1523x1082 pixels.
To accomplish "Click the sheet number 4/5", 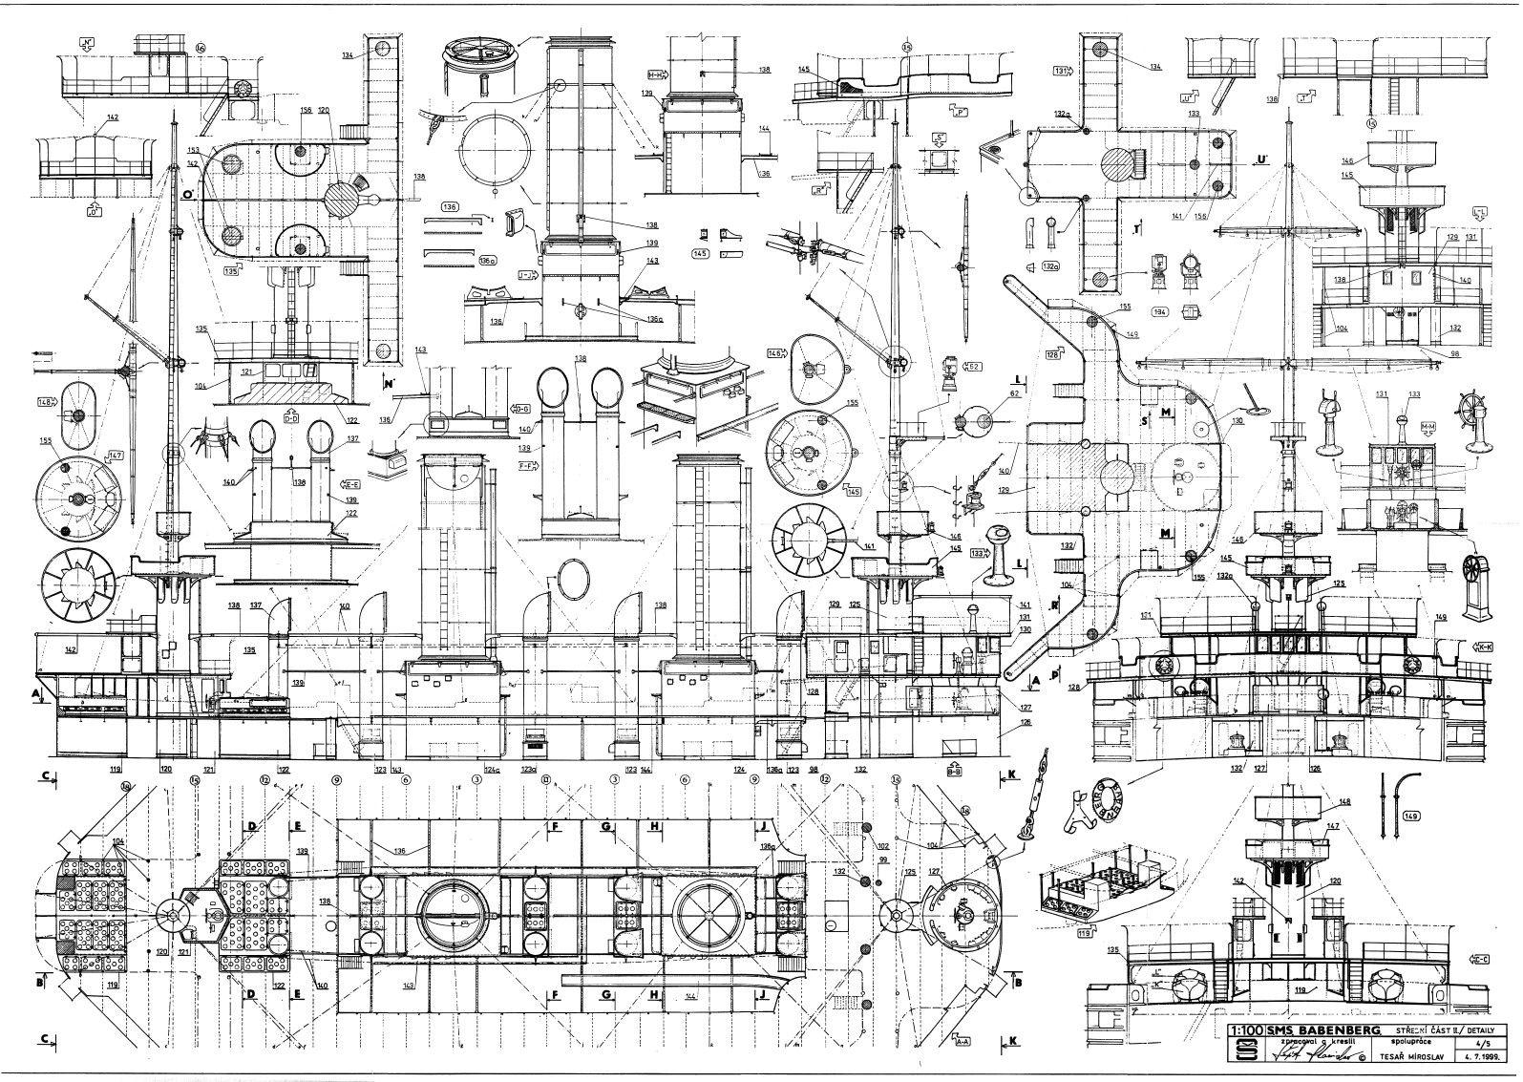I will pos(1475,1044).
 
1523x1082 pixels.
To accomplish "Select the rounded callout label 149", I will pos(1411,817).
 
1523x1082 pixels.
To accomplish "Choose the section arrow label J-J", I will pos(525,273).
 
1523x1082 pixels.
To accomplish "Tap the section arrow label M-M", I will pos(1428,426).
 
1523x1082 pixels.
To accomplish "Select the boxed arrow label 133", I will pos(978,553).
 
